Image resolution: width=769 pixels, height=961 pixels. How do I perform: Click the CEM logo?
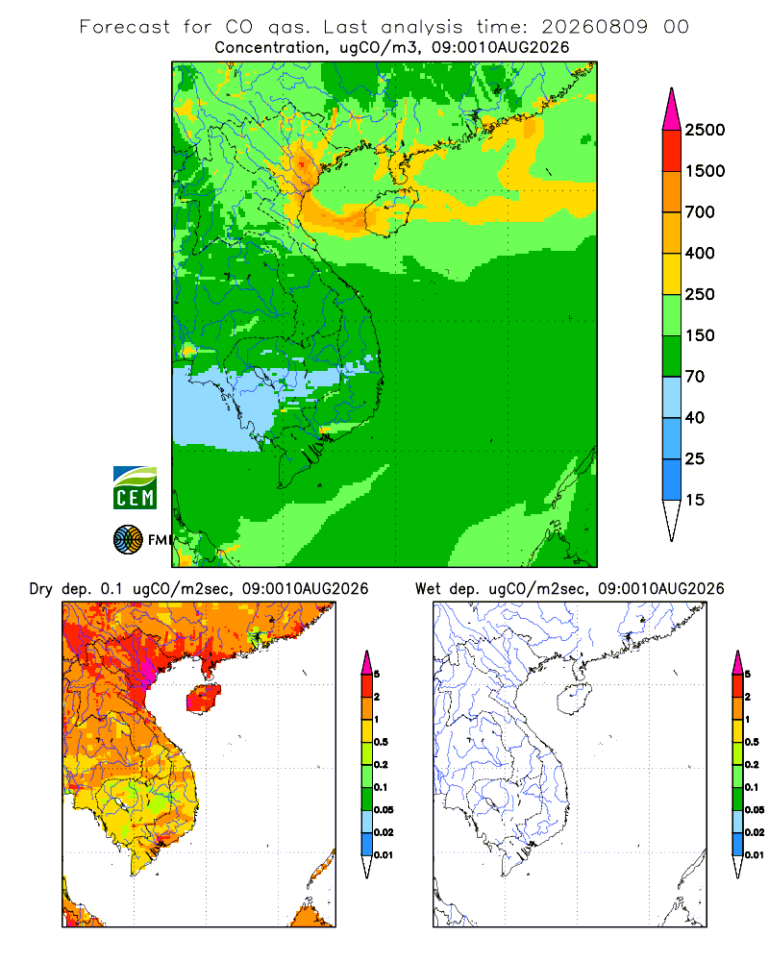(x=135, y=488)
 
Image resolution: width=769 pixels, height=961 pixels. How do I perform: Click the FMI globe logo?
(x=128, y=540)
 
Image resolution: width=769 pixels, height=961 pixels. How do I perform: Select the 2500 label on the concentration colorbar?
(x=705, y=130)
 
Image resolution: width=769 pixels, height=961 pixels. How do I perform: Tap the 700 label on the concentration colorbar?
(x=700, y=212)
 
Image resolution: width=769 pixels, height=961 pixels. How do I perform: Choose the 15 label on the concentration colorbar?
(x=695, y=500)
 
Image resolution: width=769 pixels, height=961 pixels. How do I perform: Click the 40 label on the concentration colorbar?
(x=695, y=418)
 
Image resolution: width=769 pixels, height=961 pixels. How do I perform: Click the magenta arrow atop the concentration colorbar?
(x=672, y=110)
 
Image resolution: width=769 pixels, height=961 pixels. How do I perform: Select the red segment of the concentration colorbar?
(x=672, y=151)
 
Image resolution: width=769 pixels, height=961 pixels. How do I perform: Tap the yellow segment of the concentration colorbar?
(x=672, y=274)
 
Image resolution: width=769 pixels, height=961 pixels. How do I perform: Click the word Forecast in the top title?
(x=125, y=27)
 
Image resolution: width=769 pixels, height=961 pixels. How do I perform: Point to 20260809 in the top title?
(x=594, y=27)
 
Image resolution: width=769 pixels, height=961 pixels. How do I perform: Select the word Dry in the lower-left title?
(x=41, y=589)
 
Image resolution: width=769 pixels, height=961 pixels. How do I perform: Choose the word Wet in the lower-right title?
(x=428, y=589)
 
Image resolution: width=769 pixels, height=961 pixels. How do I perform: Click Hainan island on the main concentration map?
(x=390, y=212)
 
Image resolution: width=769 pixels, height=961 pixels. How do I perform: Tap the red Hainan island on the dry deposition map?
(x=203, y=698)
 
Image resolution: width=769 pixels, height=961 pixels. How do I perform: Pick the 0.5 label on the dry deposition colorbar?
(x=381, y=742)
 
